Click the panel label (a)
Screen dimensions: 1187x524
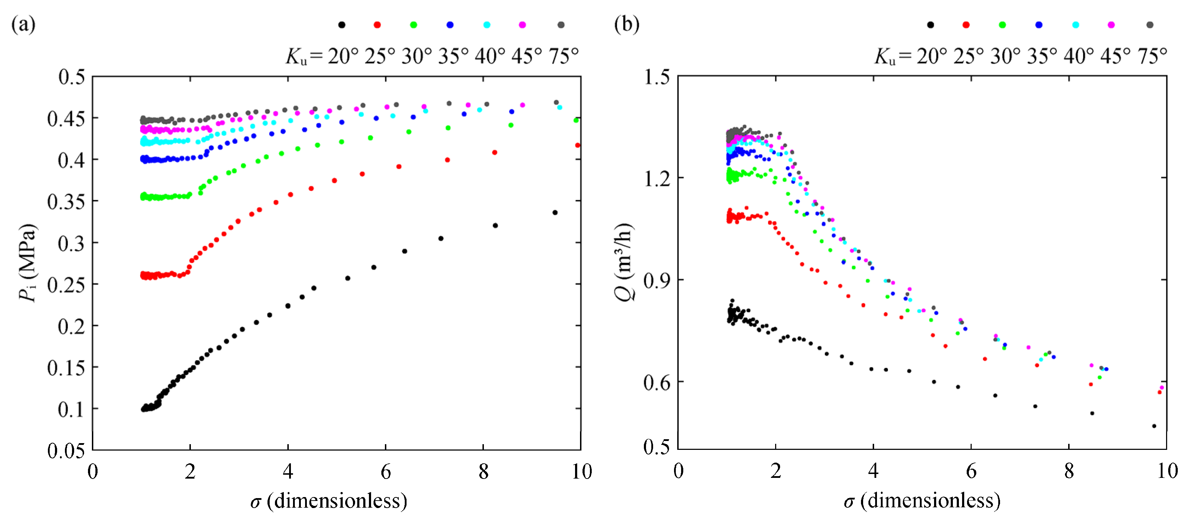[23, 24]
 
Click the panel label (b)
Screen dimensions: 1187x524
[627, 24]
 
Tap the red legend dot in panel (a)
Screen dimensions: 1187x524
[377, 25]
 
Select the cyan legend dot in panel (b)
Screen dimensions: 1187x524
[1076, 25]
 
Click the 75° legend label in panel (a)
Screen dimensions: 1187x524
[563, 56]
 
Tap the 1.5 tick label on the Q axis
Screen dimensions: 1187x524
[657, 77]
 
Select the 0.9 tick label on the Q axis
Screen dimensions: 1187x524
[657, 280]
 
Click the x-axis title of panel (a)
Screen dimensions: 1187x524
[329, 501]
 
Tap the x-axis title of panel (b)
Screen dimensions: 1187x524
[922, 501]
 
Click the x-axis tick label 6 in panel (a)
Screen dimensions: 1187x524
[386, 471]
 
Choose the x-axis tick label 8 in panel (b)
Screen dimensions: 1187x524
[1069, 471]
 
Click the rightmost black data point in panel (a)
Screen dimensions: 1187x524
[555, 213]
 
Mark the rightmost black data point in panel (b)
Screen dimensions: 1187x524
[1154, 426]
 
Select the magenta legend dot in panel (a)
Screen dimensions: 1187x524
[523, 25]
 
